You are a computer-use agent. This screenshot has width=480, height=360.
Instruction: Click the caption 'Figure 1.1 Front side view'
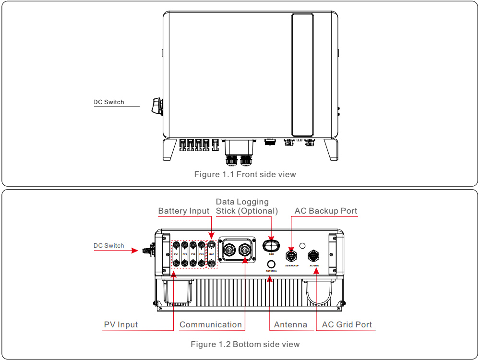click(x=245, y=174)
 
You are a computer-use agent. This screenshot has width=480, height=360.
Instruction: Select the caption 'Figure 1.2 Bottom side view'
click(x=245, y=344)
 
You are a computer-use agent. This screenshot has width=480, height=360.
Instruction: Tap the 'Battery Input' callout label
click(x=184, y=211)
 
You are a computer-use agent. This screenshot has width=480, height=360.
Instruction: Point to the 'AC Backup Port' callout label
click(x=326, y=211)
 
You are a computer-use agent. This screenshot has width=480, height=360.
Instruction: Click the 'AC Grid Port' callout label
click(x=347, y=324)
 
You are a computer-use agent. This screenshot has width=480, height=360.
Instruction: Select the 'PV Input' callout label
click(x=121, y=324)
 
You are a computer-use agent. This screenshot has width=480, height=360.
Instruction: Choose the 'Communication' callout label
click(x=211, y=324)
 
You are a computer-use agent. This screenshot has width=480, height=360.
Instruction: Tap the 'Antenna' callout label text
click(x=290, y=324)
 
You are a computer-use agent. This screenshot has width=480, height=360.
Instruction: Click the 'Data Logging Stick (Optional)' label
click(x=247, y=206)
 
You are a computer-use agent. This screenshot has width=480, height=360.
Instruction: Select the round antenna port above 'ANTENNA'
click(x=271, y=264)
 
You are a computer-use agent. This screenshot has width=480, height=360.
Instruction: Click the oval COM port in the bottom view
click(x=271, y=246)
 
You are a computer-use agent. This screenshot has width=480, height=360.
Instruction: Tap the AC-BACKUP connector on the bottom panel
click(x=291, y=255)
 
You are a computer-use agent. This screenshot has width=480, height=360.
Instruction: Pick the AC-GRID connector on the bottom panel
click(x=314, y=255)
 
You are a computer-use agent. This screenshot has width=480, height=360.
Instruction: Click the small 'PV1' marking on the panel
click(x=176, y=253)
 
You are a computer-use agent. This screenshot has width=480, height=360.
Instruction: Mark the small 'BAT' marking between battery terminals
click(x=211, y=253)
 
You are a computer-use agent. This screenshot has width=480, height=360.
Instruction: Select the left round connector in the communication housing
click(x=230, y=250)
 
